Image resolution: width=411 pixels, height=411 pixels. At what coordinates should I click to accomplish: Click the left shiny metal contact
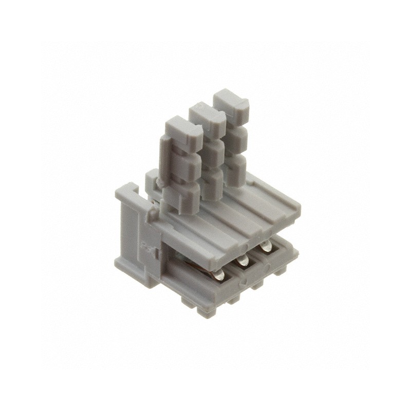pyautogui.click(x=219, y=275)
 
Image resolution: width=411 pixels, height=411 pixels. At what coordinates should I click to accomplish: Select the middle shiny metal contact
pyautogui.click(x=242, y=261)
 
